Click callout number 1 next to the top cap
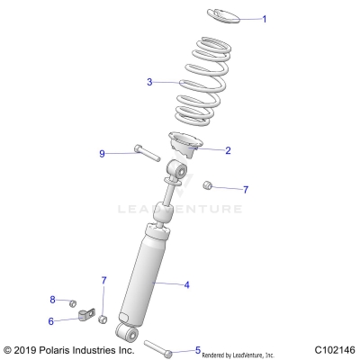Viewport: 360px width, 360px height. (264, 19)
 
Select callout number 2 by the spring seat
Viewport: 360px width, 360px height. (228, 150)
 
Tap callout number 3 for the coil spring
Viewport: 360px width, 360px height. (150, 82)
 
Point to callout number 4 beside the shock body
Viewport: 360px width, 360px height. (186, 285)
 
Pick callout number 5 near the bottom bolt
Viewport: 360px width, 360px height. (197, 350)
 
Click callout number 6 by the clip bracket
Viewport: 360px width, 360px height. (50, 320)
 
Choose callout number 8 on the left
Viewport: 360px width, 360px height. (52, 300)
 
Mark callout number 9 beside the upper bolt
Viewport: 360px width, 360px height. (128, 154)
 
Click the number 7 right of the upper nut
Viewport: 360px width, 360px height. (246, 190)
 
